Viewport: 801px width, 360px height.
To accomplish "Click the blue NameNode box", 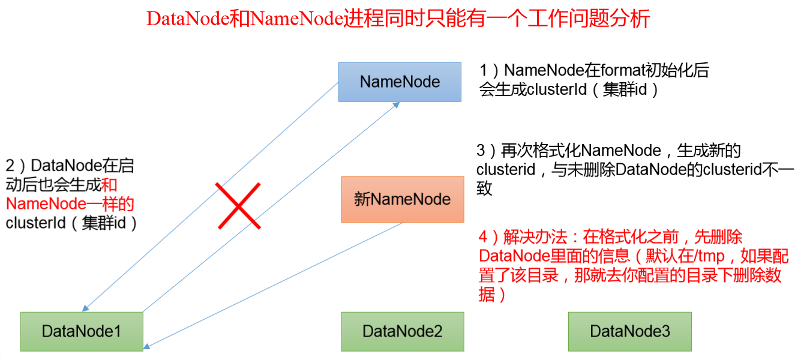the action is tap(400, 82).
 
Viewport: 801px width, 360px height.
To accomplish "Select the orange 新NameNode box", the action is tap(403, 199).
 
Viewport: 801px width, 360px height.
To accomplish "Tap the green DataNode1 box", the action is tap(82, 331).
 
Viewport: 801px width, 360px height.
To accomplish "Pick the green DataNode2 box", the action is tap(403, 331).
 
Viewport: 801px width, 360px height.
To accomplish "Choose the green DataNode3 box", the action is tap(630, 331).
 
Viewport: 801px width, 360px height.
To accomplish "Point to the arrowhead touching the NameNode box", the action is tap(396, 105).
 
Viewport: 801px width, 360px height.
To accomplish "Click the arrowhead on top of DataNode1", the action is tap(85, 308).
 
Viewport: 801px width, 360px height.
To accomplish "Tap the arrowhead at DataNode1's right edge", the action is tap(147, 346).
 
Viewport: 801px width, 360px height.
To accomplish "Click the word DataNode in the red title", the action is tap(188, 19).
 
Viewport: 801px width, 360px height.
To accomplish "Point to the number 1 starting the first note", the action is tap(483, 70).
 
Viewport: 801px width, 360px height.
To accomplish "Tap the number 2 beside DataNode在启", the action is tap(10, 166).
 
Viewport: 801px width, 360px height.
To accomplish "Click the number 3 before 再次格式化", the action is tap(481, 151).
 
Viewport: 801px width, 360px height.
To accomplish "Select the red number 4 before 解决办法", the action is tap(483, 237).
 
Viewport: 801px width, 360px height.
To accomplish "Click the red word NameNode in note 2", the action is tap(46, 204).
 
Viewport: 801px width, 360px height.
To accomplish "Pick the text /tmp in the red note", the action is tap(709, 256).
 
